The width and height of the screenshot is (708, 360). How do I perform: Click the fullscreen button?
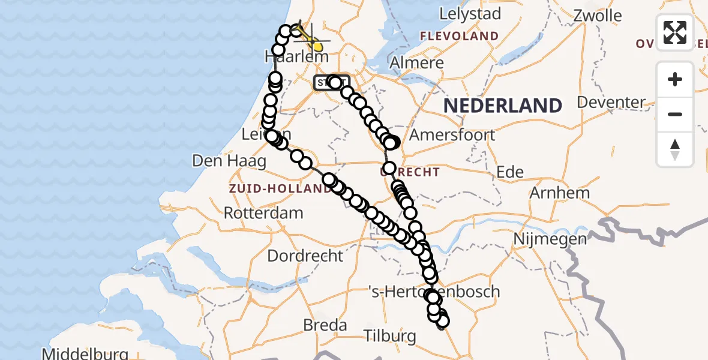tap(675, 32)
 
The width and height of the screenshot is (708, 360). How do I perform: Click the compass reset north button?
tap(675, 149)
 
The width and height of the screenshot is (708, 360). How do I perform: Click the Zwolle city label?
tap(598, 14)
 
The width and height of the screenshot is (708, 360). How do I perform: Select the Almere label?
tap(416, 62)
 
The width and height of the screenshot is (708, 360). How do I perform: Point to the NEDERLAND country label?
tap(503, 106)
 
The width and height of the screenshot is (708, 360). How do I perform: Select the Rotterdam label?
tap(263, 212)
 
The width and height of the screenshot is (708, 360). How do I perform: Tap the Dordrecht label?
tap(305, 256)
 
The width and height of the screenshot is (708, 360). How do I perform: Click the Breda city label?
tap(325, 325)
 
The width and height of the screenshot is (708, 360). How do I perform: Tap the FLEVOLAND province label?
tap(459, 36)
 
